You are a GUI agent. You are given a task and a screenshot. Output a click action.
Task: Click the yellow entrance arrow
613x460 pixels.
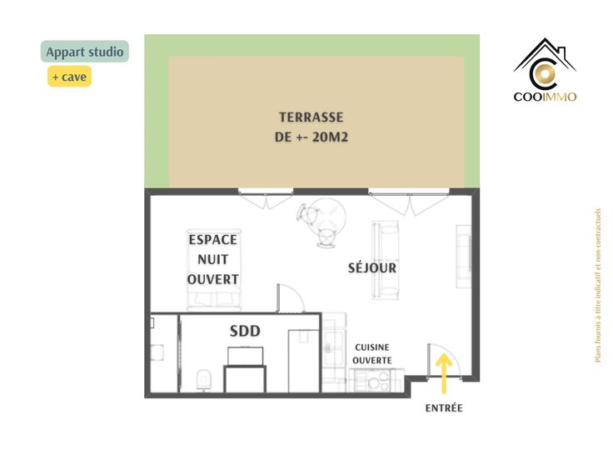(444, 373)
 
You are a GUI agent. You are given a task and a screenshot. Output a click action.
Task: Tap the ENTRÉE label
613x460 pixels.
(444, 408)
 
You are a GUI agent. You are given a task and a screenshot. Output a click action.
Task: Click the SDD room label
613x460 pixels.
(245, 331)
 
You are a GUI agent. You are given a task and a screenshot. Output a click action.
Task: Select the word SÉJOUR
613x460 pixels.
(371, 267)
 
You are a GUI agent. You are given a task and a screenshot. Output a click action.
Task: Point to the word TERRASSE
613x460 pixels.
(311, 117)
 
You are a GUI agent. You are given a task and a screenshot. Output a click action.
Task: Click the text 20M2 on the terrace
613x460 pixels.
(330, 137)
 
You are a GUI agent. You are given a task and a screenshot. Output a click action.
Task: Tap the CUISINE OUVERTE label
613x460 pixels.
(371, 353)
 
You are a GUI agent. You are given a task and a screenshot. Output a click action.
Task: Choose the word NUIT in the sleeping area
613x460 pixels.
(212, 259)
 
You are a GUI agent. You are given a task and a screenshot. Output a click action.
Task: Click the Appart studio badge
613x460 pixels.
(84, 51)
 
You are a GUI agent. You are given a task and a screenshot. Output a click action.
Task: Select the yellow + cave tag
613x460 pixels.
(70, 77)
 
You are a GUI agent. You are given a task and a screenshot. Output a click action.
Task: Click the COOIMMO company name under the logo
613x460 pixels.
(545, 97)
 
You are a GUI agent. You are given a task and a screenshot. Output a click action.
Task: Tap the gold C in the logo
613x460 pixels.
(545, 74)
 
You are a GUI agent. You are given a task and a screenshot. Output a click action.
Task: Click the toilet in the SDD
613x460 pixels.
(204, 380)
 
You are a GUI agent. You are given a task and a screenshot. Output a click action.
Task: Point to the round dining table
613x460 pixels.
(331, 217)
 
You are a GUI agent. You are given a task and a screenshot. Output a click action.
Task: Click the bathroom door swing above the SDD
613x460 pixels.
(291, 298)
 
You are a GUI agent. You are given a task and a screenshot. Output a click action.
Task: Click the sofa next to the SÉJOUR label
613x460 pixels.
(386, 260)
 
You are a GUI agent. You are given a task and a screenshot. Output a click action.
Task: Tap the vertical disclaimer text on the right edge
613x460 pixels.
(597, 285)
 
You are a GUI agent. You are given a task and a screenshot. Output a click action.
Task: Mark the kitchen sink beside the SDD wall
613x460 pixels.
(333, 348)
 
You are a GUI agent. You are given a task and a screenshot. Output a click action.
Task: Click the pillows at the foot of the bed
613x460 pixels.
(214, 299)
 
